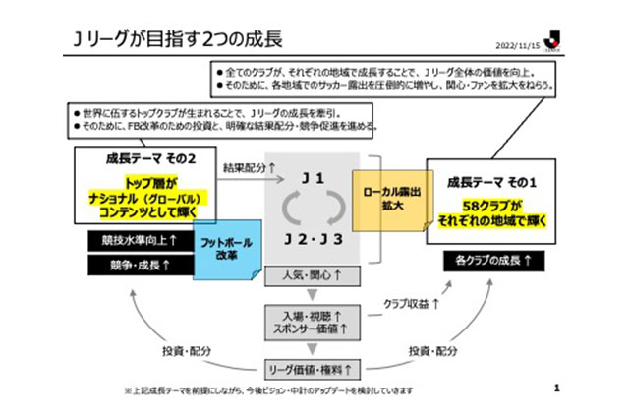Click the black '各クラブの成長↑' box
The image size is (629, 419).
(487, 260)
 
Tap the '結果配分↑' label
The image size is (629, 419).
(249, 167)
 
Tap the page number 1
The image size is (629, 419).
(555, 389)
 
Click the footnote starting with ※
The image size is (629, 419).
(268, 390)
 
